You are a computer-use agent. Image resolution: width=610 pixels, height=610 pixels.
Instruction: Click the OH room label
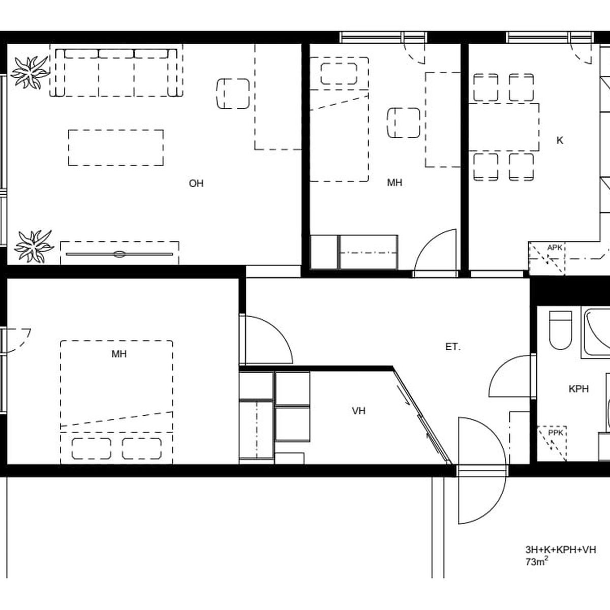tap(196, 184)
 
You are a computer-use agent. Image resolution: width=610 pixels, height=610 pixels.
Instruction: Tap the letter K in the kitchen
tap(560, 140)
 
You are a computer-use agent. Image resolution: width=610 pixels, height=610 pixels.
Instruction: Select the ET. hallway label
tap(453, 347)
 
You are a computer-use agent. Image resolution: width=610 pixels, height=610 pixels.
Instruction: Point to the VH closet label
tap(359, 411)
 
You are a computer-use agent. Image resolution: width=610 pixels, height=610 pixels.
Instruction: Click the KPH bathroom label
tap(578, 389)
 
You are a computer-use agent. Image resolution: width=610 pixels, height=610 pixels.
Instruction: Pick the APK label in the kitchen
tap(555, 248)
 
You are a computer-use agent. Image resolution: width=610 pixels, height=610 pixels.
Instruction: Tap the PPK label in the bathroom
tap(556, 433)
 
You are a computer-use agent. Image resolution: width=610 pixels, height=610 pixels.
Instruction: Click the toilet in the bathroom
tap(560, 330)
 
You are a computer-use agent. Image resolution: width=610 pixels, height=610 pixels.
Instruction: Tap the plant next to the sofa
tap(30, 73)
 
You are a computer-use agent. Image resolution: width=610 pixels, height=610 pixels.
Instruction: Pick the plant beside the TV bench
tap(34, 247)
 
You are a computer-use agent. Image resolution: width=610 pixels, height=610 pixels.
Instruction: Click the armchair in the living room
tap(233, 94)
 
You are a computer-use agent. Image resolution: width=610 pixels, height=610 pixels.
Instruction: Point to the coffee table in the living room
tap(116, 147)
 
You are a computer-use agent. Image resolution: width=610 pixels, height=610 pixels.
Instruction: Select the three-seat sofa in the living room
tap(116, 73)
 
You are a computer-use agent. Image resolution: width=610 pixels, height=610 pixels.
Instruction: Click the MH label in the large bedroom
tap(119, 354)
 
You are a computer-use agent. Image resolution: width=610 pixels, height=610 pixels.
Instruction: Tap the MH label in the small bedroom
tap(394, 182)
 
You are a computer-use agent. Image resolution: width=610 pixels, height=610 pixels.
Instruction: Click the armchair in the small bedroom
tap(403, 123)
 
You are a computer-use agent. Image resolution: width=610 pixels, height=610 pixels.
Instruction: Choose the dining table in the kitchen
tap(504, 127)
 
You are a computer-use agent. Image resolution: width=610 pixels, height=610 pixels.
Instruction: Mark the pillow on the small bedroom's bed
tap(339, 73)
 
